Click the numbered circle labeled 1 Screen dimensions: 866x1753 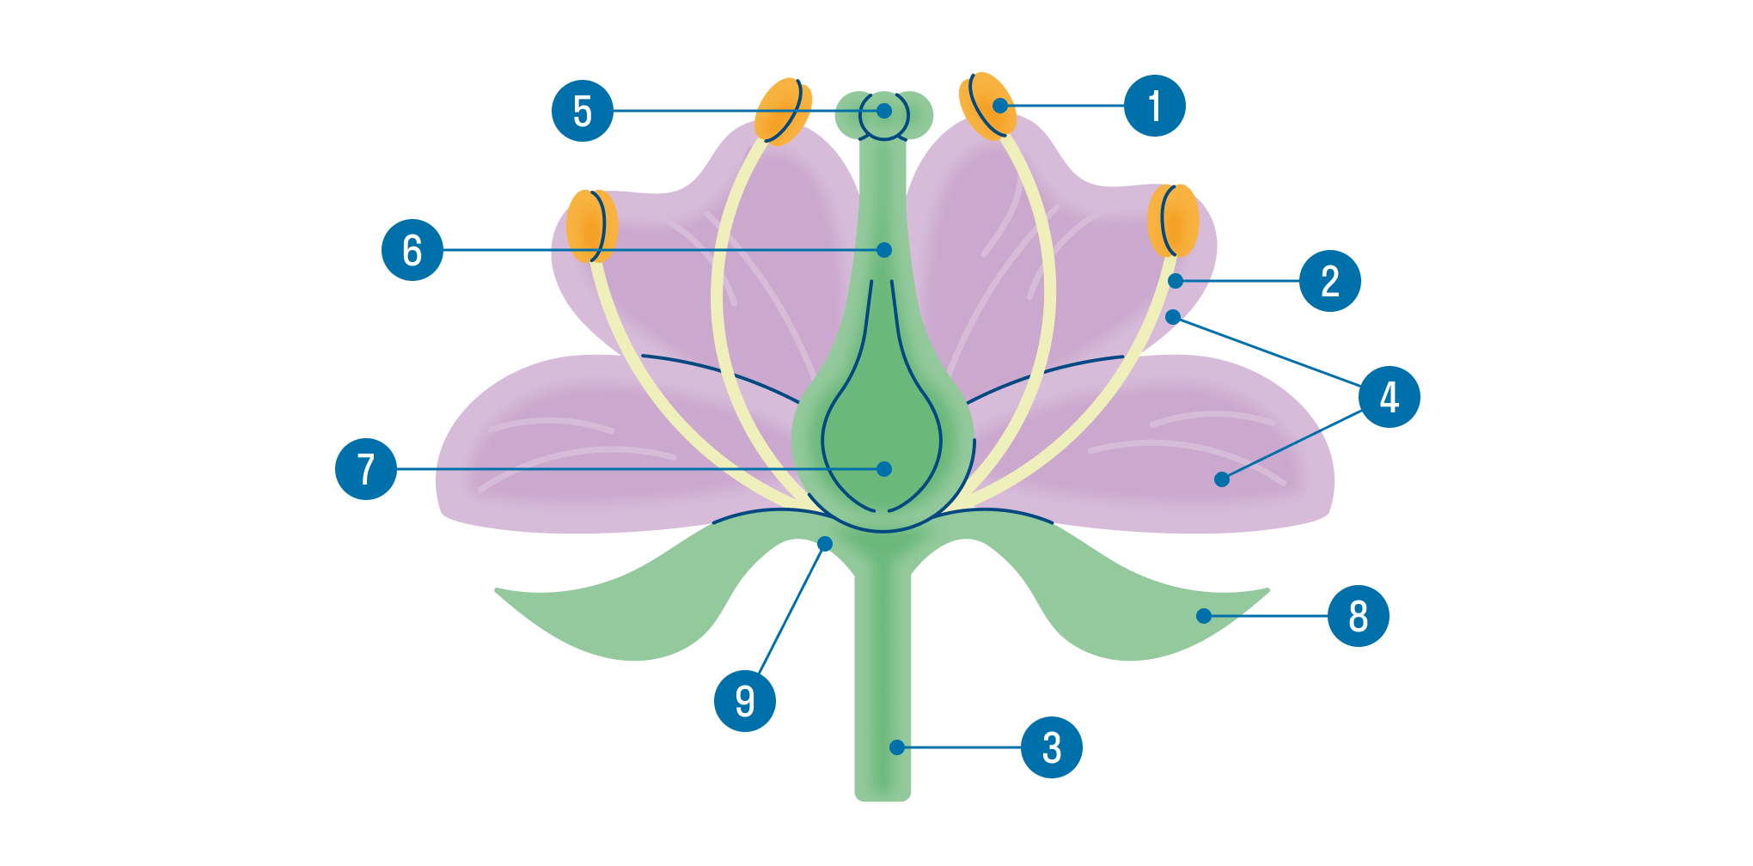tap(1155, 106)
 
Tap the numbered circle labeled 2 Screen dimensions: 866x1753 tap(1329, 281)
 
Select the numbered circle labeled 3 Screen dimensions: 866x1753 tap(1051, 747)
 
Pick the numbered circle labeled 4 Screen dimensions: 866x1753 tap(1389, 397)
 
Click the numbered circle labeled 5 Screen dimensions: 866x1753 tap(583, 111)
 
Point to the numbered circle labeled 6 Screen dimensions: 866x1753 tap(412, 250)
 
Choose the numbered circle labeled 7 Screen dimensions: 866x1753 tap(366, 469)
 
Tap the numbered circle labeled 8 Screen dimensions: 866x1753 tap(1358, 616)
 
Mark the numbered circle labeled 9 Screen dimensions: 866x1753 tap(745, 701)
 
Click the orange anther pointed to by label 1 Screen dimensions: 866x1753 tap(986, 105)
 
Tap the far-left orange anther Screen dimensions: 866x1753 tap(591, 225)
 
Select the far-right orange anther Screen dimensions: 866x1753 tap(1173, 220)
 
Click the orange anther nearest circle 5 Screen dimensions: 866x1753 tap(783, 112)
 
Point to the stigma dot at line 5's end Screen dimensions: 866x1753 tap(884, 111)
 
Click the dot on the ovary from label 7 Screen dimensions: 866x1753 tap(884, 469)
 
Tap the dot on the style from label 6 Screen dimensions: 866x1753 tap(884, 250)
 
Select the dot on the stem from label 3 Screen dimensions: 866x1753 tap(897, 747)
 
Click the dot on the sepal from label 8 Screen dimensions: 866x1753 tap(1204, 616)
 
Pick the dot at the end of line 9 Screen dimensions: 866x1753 tap(825, 544)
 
